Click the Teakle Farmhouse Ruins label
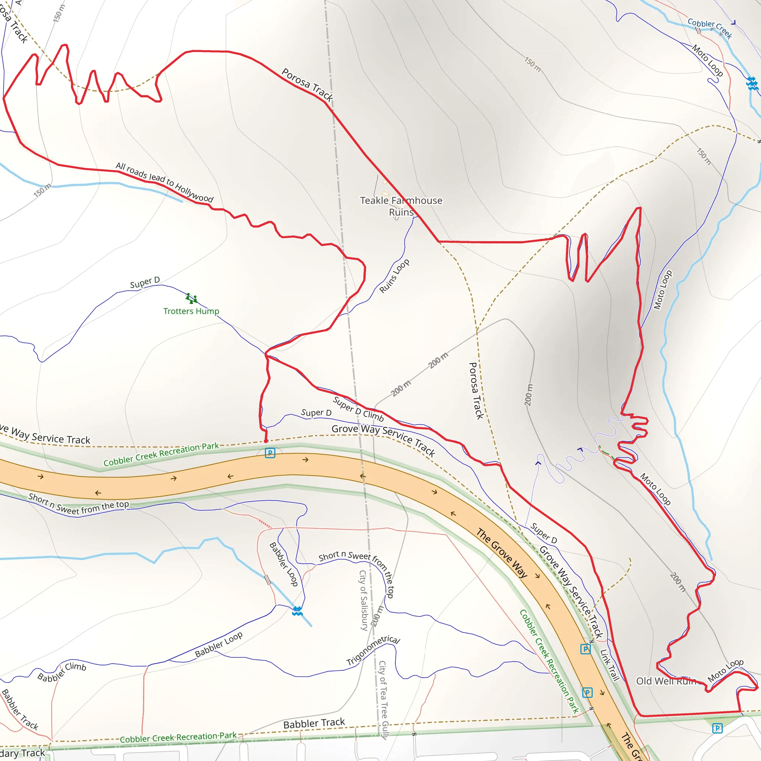pos(401,206)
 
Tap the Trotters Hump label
pos(191,311)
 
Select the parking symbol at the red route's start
pos(270,453)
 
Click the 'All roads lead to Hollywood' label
pos(165,182)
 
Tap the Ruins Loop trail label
pos(394,276)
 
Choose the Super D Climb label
pos(358,409)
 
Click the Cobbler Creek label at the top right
pos(710,28)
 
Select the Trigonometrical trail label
pos(373,650)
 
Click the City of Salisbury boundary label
pos(363,600)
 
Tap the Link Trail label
pos(610,665)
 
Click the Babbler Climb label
pos(62,672)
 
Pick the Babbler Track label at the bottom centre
pos(314,723)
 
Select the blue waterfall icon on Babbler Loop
pos(297,611)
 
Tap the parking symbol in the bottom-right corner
pos(717,728)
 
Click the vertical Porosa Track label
pos(476,391)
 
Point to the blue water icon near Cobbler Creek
pos(752,84)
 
